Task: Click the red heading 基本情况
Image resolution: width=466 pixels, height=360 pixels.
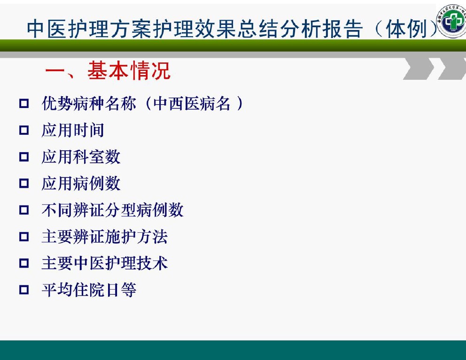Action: coord(129,71)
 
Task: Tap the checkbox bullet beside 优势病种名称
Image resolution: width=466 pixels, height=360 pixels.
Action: coord(24,103)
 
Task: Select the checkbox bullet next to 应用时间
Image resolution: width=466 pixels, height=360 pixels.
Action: coord(24,130)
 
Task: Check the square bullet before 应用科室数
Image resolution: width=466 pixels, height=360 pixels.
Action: coord(24,157)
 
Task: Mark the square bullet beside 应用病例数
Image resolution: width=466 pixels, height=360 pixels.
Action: coord(24,183)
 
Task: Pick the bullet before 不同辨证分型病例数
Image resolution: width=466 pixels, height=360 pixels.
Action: coord(24,210)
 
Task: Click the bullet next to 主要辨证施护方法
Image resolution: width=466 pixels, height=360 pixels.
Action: coord(24,237)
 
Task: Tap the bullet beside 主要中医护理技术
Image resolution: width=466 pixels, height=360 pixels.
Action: coord(24,263)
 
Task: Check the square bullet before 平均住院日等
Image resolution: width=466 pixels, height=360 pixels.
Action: coord(24,290)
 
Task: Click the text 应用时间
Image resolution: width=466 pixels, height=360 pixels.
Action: coord(73,130)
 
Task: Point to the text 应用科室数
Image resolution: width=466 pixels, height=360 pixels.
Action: coord(81,157)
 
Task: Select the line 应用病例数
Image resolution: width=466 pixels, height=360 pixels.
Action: coord(81,183)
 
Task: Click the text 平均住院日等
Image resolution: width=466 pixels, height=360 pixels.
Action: coord(89,290)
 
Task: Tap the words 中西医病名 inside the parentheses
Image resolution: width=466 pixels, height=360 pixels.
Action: coord(192,103)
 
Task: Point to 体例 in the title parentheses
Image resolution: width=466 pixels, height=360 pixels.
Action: coord(406,29)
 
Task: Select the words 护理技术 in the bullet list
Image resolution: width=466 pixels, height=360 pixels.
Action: coord(137,263)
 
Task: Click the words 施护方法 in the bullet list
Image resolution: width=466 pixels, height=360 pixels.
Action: coord(137,237)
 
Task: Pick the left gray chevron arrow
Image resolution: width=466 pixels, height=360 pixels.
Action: coord(419,69)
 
